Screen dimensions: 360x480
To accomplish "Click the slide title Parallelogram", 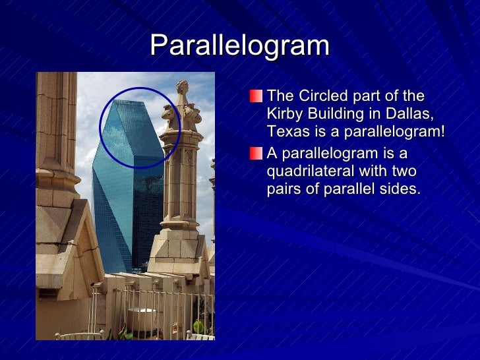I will point(239,45).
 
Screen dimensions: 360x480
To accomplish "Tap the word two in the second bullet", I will point(403,171).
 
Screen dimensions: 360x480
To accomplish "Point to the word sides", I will point(400,189).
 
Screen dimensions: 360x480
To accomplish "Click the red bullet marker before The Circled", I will point(256,97).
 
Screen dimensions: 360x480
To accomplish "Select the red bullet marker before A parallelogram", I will point(256,154).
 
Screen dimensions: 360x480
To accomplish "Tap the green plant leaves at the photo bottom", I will point(198,327).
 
